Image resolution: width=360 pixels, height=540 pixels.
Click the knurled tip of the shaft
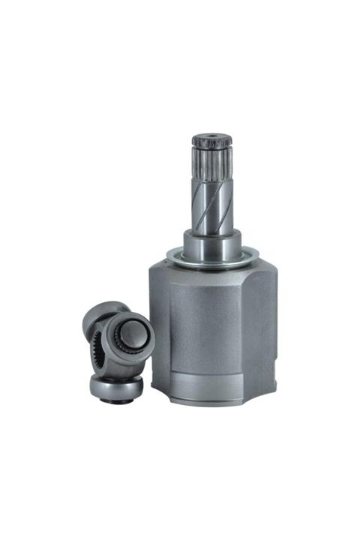pyautogui.click(x=209, y=142)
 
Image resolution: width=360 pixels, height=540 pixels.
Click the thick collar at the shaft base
pyautogui.click(x=212, y=244)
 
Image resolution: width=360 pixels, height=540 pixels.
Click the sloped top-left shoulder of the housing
pyautogui.click(x=166, y=271)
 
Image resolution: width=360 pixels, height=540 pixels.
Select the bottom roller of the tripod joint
pyautogui.click(x=116, y=387)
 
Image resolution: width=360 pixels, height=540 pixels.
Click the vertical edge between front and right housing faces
pyautogui.click(x=244, y=330)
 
